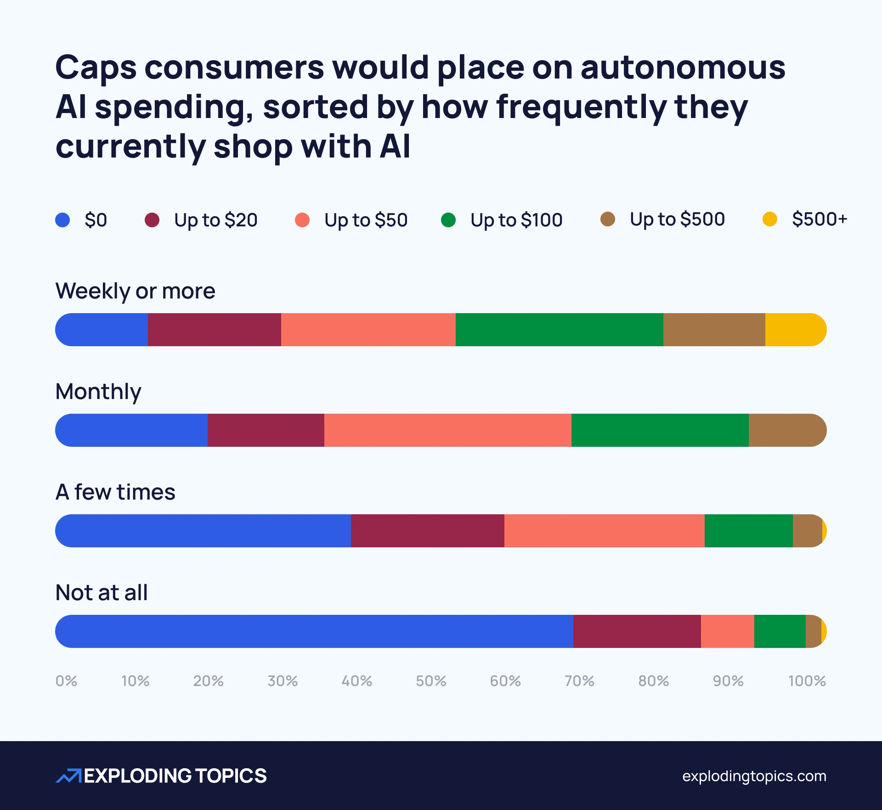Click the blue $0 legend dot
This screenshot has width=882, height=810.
62,220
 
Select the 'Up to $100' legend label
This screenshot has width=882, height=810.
516,220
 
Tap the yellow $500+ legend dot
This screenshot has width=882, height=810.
769,219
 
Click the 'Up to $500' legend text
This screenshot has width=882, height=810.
677,219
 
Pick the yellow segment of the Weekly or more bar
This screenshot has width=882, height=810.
795,330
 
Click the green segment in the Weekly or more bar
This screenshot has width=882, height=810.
559,330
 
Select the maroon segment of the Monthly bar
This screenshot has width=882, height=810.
266,430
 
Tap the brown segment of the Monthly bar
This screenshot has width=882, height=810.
786,430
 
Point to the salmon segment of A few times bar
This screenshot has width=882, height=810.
604,531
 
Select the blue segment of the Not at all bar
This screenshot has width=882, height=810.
314,631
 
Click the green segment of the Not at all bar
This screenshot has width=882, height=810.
780,631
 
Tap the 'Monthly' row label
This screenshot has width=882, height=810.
98,392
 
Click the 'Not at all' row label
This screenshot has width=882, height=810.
102,593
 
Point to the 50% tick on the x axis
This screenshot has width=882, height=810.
431,681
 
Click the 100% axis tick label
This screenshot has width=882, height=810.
807,681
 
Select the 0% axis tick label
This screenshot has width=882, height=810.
66,681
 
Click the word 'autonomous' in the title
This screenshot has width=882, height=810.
683,67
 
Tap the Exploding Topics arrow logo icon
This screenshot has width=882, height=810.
68,776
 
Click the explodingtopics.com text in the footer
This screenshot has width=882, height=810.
754,776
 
